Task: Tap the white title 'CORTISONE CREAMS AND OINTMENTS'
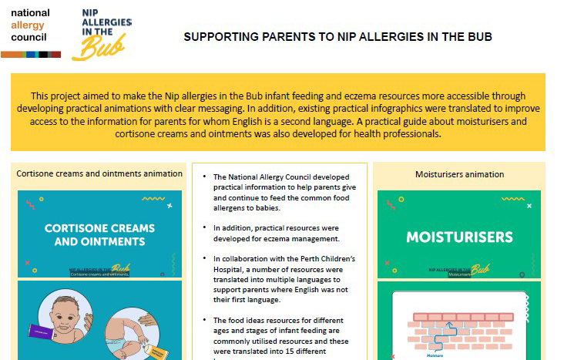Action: [x=99, y=234]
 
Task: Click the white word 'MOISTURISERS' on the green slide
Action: [x=459, y=237]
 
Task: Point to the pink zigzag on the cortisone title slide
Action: [x=30, y=205]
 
